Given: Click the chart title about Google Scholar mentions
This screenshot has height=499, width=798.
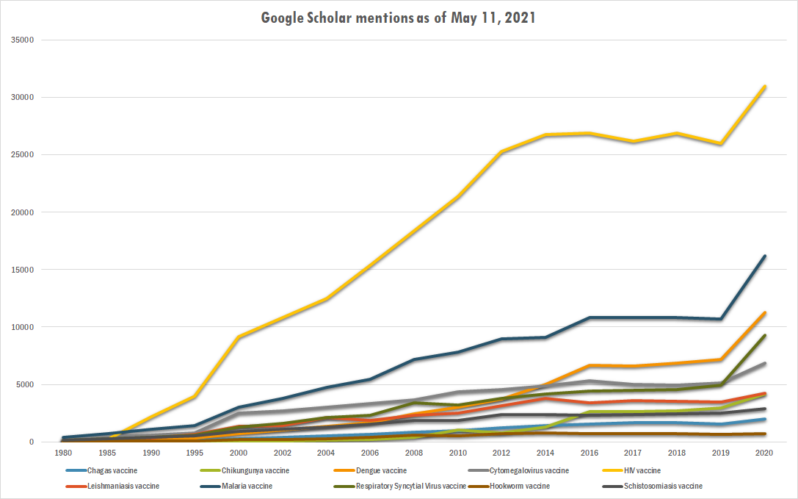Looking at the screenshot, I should pos(398,18).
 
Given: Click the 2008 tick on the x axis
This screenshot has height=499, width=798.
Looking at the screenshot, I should pos(415,453).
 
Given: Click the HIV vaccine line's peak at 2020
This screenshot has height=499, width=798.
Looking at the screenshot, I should pos(763,87).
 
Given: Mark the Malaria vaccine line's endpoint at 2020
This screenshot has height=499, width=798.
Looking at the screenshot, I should pos(763,256).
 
